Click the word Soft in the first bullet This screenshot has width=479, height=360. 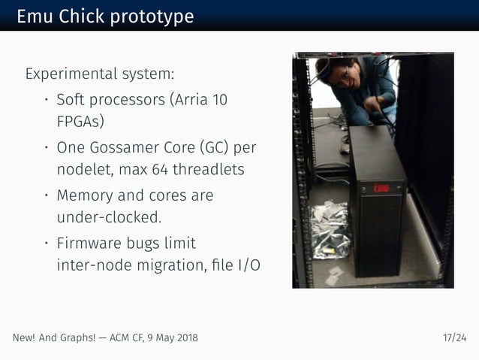[73, 100]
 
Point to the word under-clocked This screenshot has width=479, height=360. [109, 217]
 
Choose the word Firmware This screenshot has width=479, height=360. [89, 244]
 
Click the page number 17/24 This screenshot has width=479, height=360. [454, 337]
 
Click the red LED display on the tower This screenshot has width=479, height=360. [381, 188]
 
